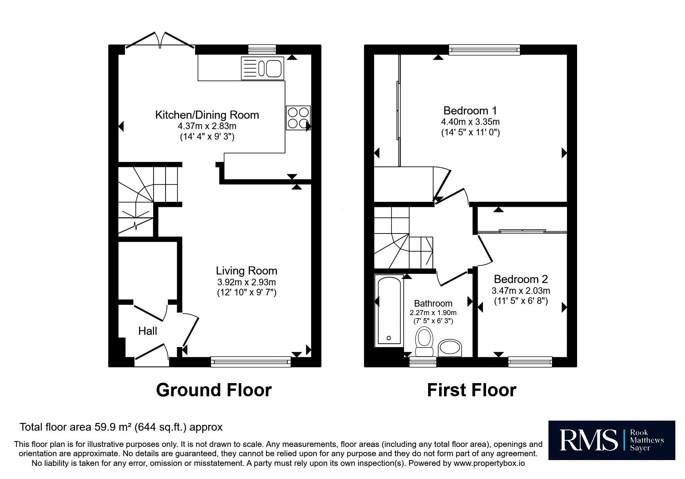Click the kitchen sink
coord(262,68)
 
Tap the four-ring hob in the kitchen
coord(298,118)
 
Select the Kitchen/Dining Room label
coord(207,115)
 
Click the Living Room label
coord(246,271)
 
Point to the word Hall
coord(148,331)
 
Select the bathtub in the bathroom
coord(389,310)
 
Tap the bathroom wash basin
coord(450,348)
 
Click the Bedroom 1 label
coord(470,111)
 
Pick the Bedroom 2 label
coord(521,279)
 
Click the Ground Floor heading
coord(214,390)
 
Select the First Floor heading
coord(471,390)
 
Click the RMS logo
coord(612,440)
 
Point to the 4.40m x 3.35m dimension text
coord(470,122)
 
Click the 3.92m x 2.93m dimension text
coord(246,282)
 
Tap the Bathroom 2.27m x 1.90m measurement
coord(433,313)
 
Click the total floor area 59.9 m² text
coord(121,427)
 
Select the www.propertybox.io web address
coord(489,463)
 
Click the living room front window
coord(251,361)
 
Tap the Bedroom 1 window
coord(484,50)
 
